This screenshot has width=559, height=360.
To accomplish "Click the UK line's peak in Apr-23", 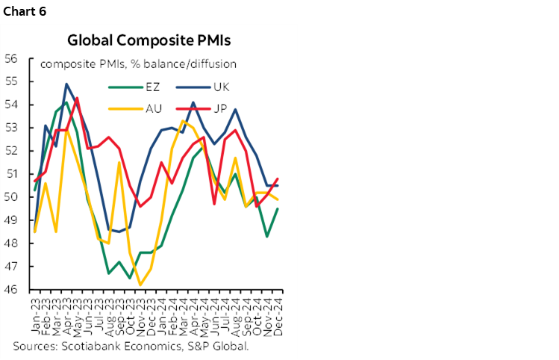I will (66, 84).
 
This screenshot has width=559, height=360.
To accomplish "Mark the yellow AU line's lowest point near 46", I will (140, 285).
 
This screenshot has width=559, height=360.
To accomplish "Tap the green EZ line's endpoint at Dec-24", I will (278, 208).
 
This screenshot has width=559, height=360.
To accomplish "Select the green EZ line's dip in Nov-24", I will (267, 236).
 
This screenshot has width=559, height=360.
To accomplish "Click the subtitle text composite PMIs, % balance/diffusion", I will (138, 64).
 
